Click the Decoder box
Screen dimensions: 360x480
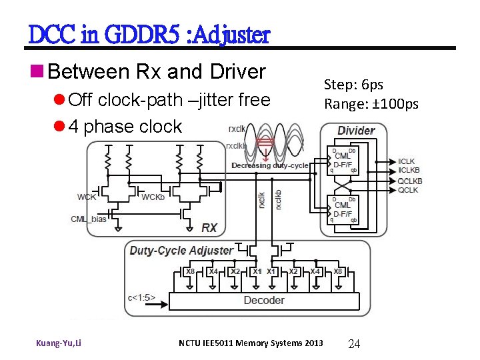(x=263, y=301)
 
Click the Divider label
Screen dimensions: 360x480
(x=356, y=130)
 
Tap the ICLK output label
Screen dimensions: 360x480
(x=407, y=161)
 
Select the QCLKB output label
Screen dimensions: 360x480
(x=410, y=181)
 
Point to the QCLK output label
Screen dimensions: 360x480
(x=408, y=190)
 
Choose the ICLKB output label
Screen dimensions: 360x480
(x=409, y=171)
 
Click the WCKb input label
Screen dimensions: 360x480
(x=155, y=197)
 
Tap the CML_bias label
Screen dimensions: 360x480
(x=89, y=219)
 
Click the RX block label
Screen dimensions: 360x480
(x=209, y=228)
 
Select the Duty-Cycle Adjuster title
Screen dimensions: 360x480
(x=181, y=251)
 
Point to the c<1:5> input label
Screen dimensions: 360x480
(x=141, y=297)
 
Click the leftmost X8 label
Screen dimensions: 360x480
(x=190, y=271)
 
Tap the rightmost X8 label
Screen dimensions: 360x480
(x=339, y=271)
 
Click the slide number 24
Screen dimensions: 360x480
(x=354, y=344)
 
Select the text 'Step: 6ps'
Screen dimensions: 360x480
(x=353, y=85)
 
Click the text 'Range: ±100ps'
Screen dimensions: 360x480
(x=371, y=103)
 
